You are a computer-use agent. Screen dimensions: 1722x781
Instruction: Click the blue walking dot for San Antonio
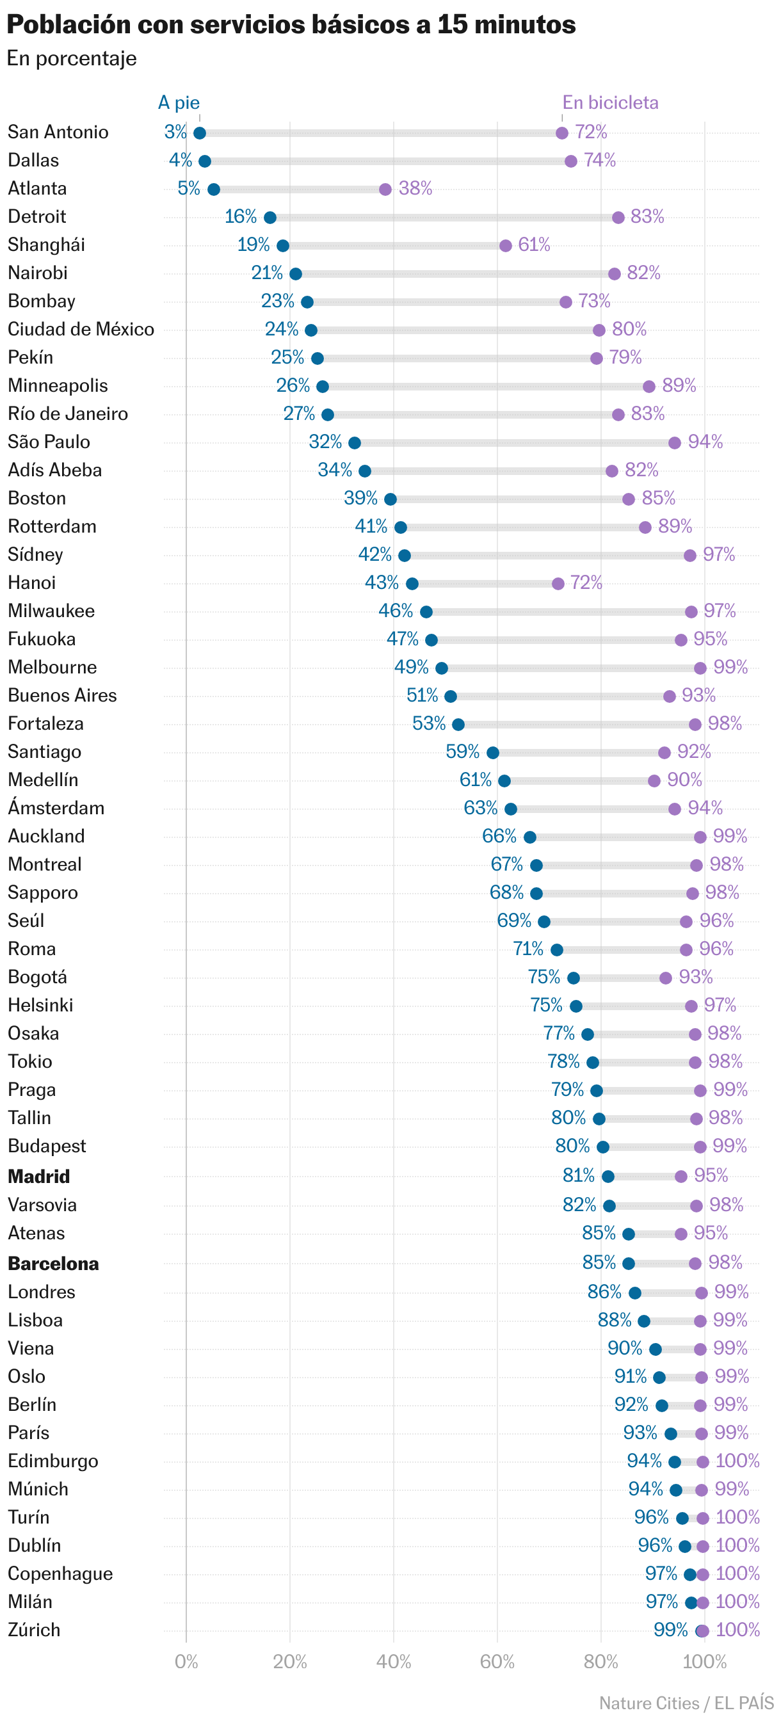pos(199,133)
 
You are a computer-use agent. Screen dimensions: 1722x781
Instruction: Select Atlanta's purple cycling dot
pos(385,189)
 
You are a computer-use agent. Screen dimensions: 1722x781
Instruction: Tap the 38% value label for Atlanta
pos(415,188)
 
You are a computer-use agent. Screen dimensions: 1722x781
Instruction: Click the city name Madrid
pos(39,1177)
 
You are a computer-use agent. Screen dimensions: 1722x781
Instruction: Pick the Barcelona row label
pos(54,1264)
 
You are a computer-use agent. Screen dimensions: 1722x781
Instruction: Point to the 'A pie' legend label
pos(179,102)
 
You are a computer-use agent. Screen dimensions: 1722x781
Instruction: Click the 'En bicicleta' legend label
pos(610,102)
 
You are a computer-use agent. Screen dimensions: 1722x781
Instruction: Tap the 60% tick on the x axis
pos(497,1662)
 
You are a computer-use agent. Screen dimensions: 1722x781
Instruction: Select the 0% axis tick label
pos(186,1662)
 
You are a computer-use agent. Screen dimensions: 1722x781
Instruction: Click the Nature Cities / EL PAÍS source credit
pos(686,1703)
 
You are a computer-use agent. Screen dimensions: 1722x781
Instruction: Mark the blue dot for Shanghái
pos(283,245)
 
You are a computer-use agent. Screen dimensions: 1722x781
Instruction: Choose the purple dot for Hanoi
pos(558,584)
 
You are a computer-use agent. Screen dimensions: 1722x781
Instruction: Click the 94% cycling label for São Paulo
pos(705,442)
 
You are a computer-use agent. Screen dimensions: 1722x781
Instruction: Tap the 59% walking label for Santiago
pos(462,752)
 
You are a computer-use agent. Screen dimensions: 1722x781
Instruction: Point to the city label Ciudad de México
pos(81,330)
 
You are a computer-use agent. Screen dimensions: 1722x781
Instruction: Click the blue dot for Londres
pos(634,1293)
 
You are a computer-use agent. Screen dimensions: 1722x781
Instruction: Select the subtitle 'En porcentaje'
pos(72,59)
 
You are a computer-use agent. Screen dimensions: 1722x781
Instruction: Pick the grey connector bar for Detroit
pos(444,217)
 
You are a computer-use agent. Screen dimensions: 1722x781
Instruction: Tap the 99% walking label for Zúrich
pos(670,1630)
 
